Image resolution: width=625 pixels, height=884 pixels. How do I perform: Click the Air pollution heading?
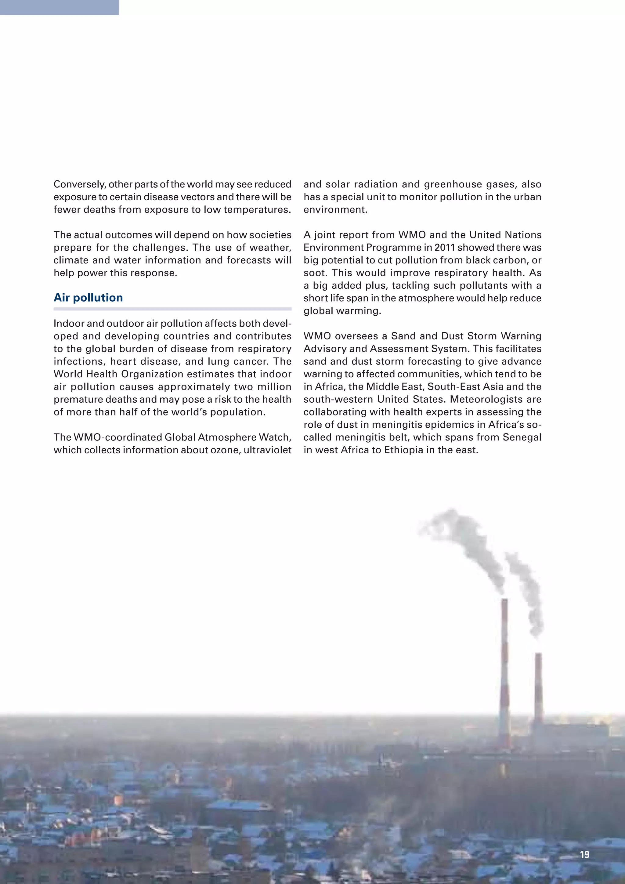[88, 298]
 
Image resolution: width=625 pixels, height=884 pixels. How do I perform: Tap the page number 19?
[584, 854]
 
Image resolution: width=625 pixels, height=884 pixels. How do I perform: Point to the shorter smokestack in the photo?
[538, 689]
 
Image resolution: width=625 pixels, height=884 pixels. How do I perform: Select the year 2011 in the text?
[445, 248]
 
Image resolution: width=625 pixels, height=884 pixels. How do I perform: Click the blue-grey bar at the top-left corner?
[59, 7]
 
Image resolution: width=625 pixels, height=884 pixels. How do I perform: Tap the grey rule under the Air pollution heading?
[172, 309]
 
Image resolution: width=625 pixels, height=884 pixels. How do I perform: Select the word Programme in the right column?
[394, 248]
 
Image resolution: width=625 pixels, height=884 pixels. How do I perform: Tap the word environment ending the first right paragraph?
[335, 210]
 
